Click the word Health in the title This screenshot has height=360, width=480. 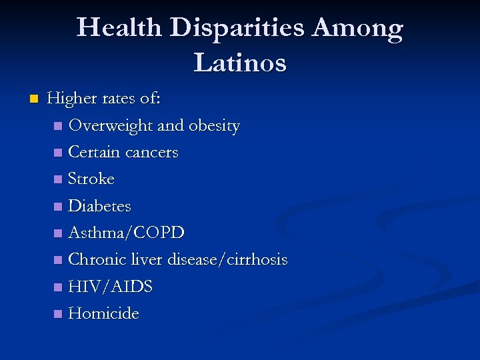tap(119, 28)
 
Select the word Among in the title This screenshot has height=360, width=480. tap(358, 28)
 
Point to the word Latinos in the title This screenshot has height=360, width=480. tap(240, 63)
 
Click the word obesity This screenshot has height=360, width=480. tap(214, 126)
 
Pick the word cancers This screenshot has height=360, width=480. tap(151, 153)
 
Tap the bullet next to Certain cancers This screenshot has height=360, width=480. tap(60, 153)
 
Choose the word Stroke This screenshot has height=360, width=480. tap(91, 179)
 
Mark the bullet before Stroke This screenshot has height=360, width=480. tap(60, 179)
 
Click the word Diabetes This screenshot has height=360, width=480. tap(100, 206)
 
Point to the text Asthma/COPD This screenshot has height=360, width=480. tap(127, 233)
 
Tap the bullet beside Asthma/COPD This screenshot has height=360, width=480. tap(60, 233)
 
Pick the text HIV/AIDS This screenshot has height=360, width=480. tap(111, 287)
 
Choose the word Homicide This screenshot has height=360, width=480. tap(104, 313)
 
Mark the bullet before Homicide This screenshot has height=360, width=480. tap(60, 313)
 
